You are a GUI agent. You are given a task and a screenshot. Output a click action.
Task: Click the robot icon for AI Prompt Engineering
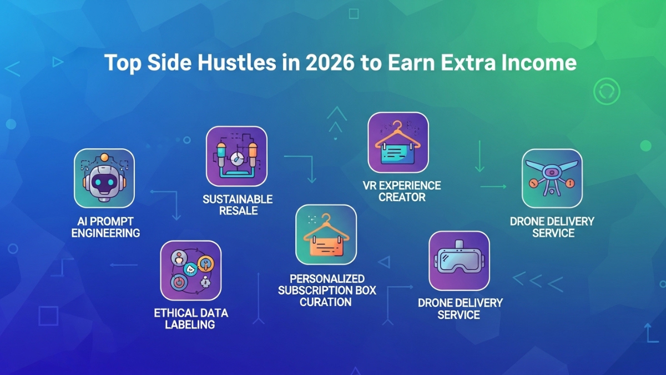click(104, 178)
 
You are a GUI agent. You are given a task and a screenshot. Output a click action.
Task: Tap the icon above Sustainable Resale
click(236, 156)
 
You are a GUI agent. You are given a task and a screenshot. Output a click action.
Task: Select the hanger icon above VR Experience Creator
click(398, 142)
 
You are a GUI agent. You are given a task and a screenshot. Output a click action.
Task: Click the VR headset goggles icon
click(459, 261)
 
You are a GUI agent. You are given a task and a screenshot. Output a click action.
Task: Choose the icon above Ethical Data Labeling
click(190, 271)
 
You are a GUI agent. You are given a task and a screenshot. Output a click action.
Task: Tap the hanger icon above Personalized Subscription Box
click(326, 234)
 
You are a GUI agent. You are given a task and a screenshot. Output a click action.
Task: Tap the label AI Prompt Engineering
click(105, 227)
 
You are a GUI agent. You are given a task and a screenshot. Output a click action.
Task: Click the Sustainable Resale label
click(237, 205)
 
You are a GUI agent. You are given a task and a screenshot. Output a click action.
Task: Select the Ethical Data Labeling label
click(190, 319)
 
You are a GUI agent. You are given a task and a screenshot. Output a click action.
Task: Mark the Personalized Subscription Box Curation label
click(327, 290)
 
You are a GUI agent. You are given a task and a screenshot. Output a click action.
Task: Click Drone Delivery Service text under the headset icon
click(460, 309)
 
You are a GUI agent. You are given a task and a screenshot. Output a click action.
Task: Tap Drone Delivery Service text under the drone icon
click(552, 227)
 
